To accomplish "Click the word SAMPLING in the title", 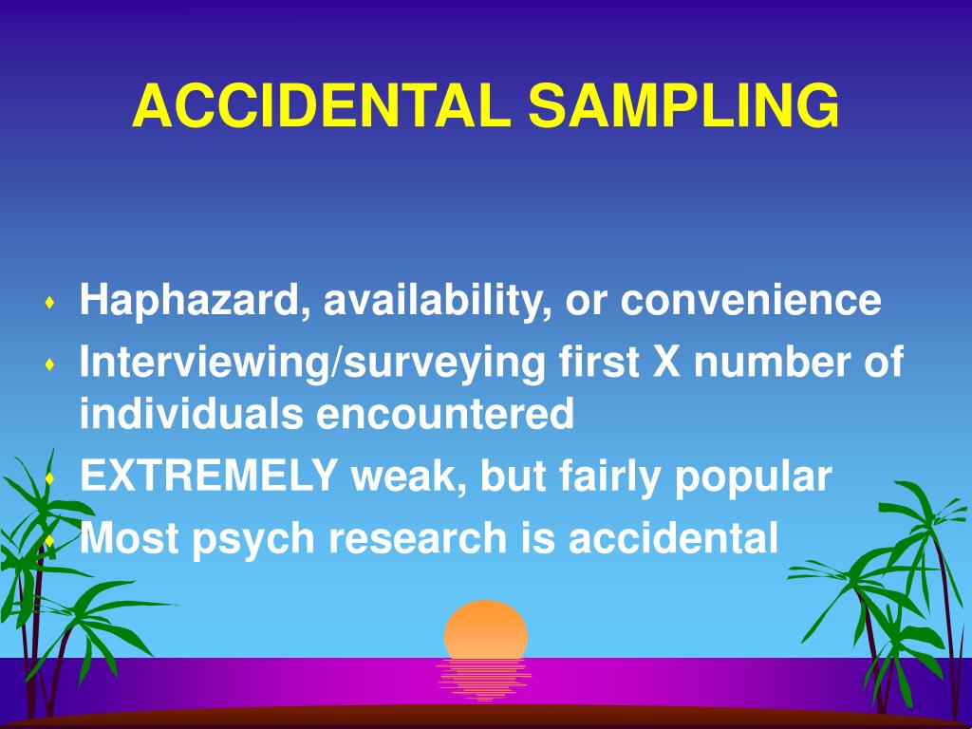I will pos(684,105).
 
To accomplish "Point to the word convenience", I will pos(751,301).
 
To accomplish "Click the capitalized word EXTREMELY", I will pos(209,476).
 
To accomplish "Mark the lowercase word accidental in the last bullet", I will pos(673,538).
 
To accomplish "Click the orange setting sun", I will pos(485,628).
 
